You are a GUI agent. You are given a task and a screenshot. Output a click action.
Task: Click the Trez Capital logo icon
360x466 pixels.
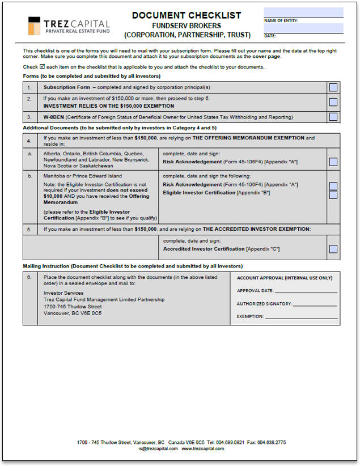click(35, 26)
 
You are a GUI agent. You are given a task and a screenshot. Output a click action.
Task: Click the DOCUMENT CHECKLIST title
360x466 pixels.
click(187, 15)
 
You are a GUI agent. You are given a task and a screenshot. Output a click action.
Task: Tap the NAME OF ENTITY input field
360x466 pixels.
click(303, 12)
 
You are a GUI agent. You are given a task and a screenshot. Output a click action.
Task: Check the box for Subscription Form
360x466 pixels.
click(333, 87)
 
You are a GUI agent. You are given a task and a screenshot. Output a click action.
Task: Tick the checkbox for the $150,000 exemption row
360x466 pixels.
click(333, 102)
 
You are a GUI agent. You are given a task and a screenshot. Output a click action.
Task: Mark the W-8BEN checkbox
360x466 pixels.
click(333, 117)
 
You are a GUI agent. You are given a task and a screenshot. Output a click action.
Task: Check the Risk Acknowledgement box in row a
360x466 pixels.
click(333, 162)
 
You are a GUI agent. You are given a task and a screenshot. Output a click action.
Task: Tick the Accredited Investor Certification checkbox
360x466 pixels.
click(333, 249)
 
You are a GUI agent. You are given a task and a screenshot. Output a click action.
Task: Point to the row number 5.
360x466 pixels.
click(29, 229)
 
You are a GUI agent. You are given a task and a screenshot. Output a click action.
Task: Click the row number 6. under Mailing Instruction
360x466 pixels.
click(29, 277)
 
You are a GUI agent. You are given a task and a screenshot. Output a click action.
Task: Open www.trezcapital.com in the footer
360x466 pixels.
click(202, 448)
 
